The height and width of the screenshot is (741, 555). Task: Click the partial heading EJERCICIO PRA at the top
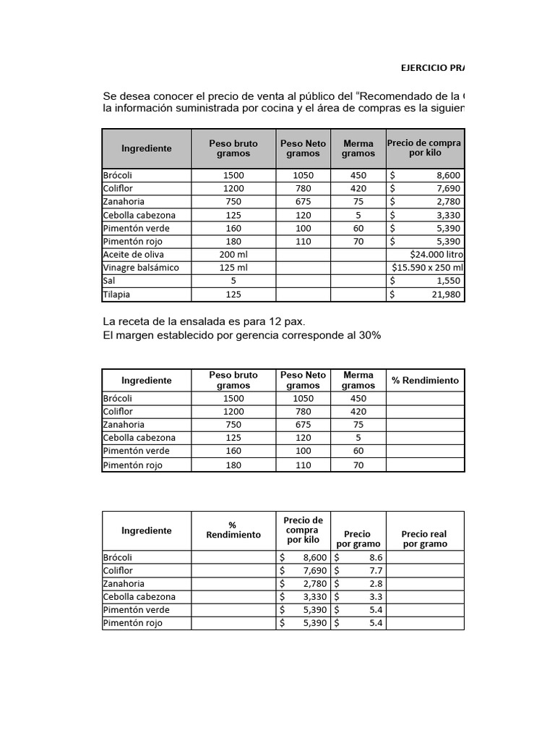(433, 67)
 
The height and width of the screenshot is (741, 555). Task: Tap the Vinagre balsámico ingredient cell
(141, 268)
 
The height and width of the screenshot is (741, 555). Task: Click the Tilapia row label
(116, 295)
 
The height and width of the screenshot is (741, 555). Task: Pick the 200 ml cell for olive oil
(233, 255)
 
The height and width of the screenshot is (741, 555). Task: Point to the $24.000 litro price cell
(436, 255)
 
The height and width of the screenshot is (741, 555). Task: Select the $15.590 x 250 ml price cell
(426, 268)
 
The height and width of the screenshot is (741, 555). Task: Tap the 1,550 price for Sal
(448, 281)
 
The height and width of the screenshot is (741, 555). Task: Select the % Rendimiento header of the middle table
(425, 380)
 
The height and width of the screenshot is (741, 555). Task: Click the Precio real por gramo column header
(425, 538)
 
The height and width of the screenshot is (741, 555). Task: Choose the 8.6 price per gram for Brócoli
(376, 558)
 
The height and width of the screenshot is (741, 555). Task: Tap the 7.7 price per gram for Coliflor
(376, 571)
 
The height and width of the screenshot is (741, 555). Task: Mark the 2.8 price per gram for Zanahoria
(376, 584)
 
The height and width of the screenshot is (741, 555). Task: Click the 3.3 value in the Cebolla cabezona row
(376, 597)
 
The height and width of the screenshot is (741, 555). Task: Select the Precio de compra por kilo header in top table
(425, 148)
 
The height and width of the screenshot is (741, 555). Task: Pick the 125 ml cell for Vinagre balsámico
(233, 268)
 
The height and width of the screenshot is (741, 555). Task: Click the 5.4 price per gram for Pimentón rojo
(376, 623)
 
